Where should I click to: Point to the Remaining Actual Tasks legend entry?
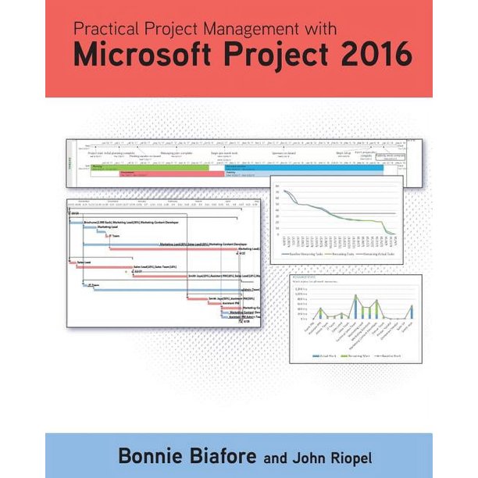375,255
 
